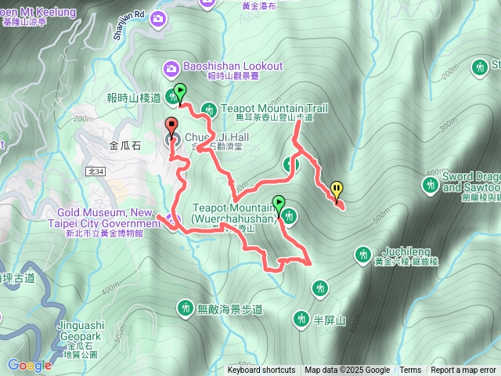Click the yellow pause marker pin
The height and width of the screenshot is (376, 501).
(x=337, y=190)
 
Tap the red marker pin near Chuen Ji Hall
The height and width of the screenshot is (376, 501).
(x=171, y=125)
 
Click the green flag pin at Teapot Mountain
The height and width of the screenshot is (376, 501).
(x=279, y=204)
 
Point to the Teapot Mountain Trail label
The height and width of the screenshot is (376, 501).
(x=274, y=108)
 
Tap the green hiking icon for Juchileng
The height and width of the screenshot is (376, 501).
(x=362, y=254)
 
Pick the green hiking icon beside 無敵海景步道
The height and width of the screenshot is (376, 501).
(x=186, y=308)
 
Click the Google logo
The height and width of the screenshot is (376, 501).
(x=30, y=365)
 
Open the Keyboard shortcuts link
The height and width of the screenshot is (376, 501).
(x=261, y=371)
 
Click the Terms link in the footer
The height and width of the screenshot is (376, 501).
(x=410, y=371)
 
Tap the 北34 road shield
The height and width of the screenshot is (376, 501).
(x=96, y=171)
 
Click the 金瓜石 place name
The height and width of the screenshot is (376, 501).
(x=124, y=145)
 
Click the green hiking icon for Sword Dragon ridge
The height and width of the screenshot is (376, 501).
(x=429, y=185)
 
